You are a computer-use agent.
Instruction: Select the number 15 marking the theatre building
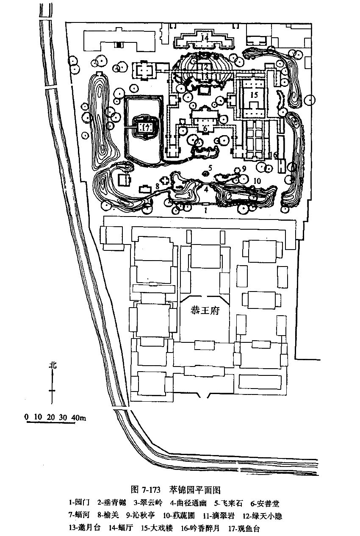pos(253,95)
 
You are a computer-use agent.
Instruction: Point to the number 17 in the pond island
pos(146,127)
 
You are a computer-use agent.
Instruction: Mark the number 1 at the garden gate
pos(206,209)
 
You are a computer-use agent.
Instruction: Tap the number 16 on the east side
pos(274,156)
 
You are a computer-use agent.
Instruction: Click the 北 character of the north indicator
pos(52,365)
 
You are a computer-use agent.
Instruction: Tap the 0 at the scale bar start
pos(27,417)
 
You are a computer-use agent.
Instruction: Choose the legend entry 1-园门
pos(79,503)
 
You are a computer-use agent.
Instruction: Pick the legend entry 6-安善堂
pos(265,503)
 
